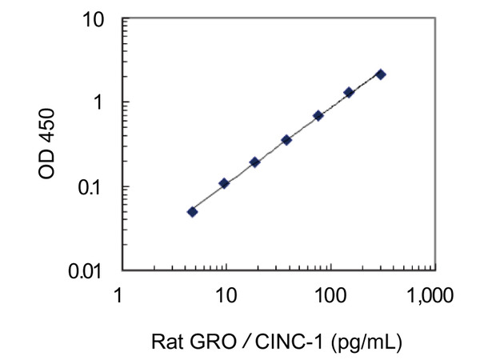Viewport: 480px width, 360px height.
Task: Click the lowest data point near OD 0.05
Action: (192, 212)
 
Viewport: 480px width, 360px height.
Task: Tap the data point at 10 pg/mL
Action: (224, 183)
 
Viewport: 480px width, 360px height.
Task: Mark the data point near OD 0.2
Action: (254, 162)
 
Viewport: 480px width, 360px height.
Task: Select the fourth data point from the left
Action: (286, 140)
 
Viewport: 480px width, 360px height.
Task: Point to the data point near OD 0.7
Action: (318, 116)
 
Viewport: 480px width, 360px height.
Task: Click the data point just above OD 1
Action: (349, 93)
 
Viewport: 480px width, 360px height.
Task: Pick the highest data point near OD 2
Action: (380, 74)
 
